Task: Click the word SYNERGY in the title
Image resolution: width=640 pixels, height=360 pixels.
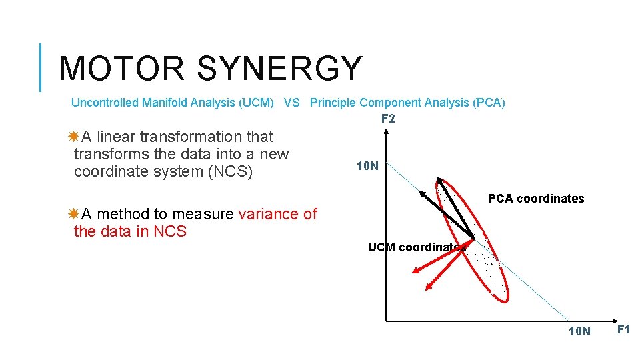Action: coord(280,69)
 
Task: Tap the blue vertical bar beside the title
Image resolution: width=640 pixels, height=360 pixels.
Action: coord(41,67)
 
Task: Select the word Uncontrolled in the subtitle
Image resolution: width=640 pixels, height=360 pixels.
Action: coord(105,103)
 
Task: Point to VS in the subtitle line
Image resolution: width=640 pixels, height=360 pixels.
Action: coord(291,103)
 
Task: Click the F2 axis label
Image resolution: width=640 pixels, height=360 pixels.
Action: coord(388,119)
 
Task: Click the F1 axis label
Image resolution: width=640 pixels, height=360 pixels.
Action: coord(624,329)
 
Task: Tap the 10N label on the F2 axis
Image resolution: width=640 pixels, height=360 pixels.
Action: coord(367,166)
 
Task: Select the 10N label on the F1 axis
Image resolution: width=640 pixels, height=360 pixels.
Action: coord(579,331)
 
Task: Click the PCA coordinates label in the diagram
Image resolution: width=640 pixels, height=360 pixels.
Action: coord(536,199)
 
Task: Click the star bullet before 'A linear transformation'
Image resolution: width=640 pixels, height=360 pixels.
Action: coord(73,137)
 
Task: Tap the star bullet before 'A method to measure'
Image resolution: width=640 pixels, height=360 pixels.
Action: coord(73,214)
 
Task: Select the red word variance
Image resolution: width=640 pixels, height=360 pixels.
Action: coord(269,214)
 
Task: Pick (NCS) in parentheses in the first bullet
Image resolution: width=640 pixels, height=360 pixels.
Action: coord(228,171)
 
